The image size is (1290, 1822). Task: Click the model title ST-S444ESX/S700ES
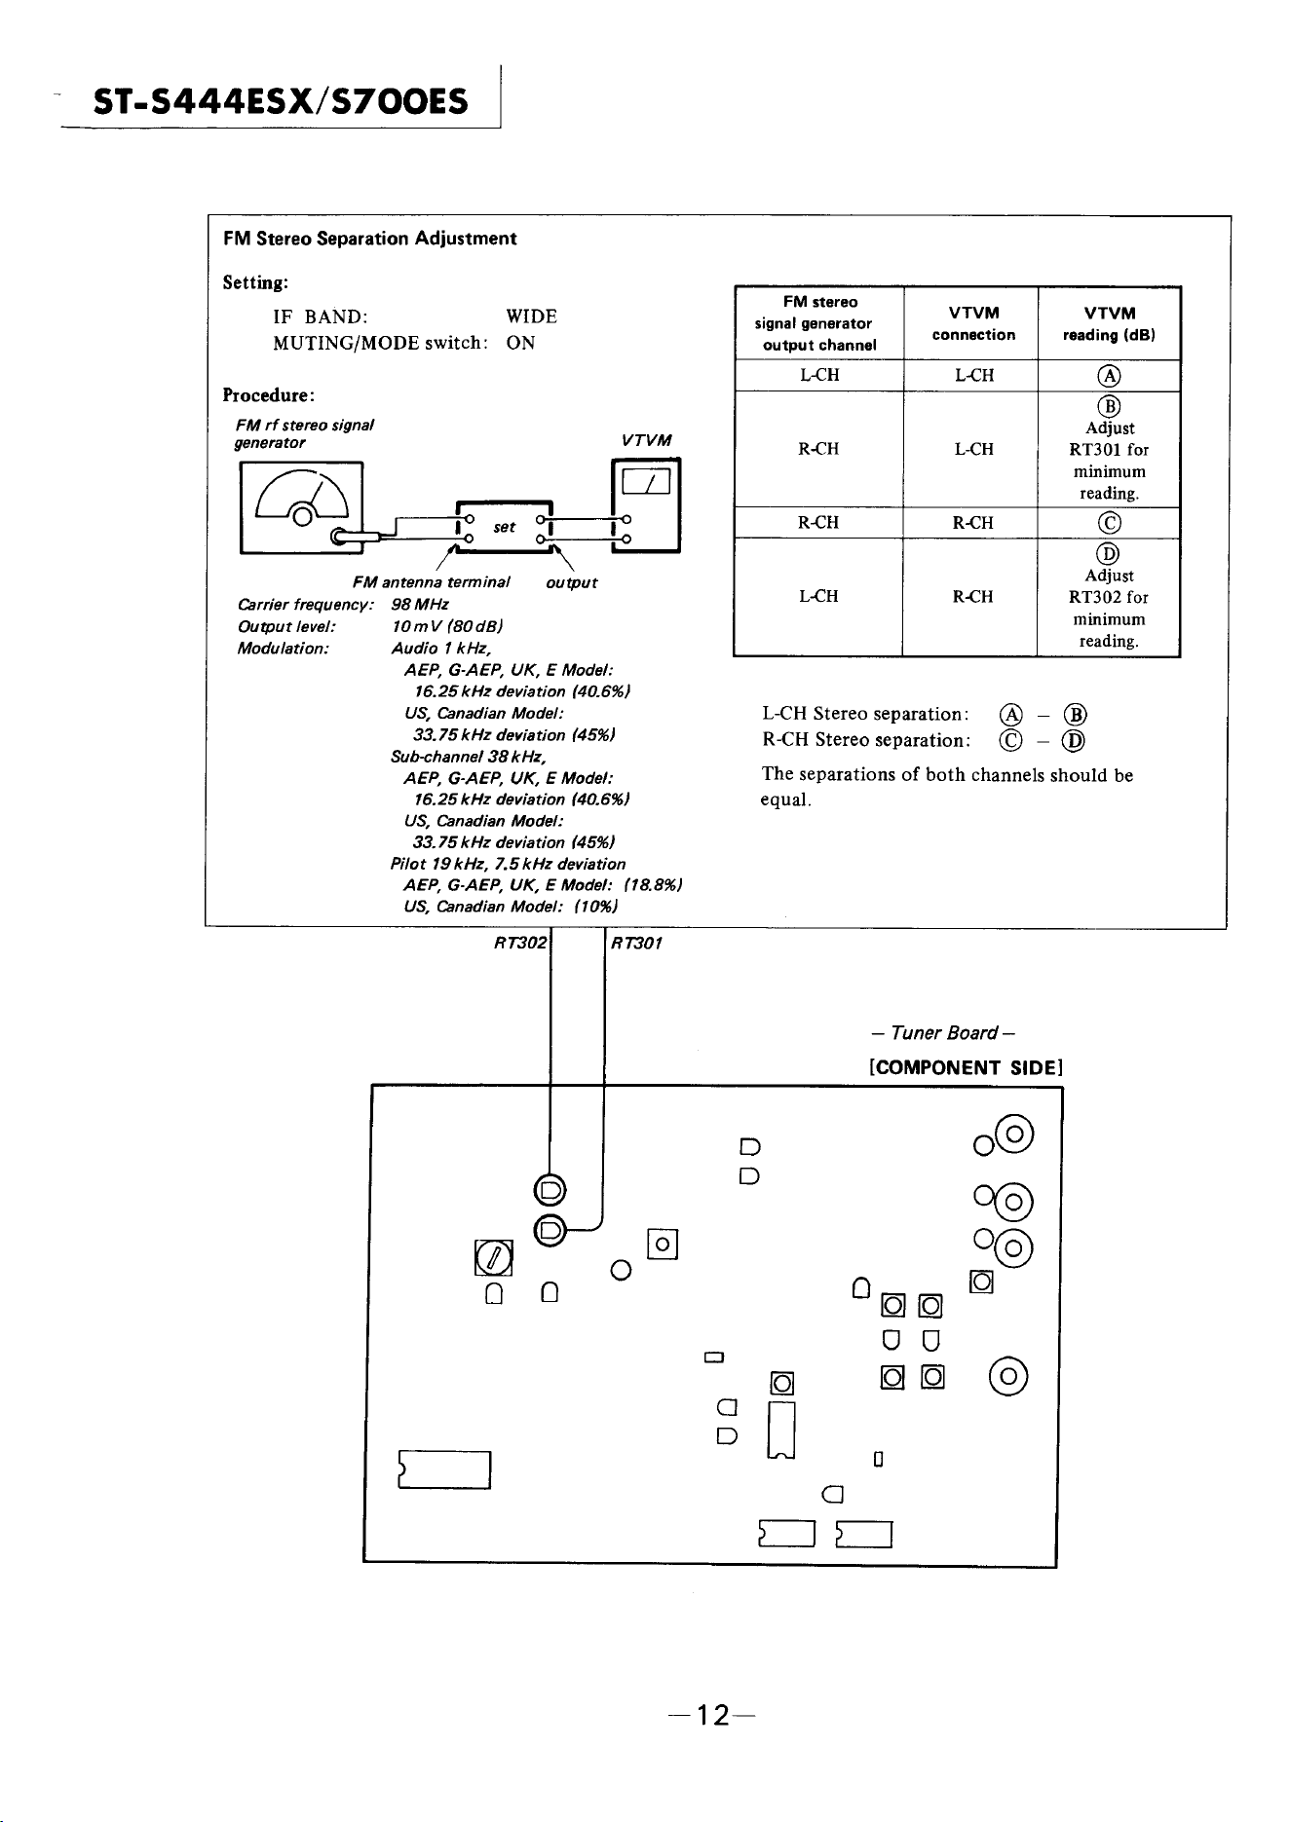[281, 101]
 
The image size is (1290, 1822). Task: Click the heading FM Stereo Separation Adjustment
[369, 239]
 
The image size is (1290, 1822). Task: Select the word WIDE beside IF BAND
[531, 316]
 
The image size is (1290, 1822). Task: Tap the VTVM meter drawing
[645, 505]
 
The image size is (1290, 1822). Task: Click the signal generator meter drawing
[301, 506]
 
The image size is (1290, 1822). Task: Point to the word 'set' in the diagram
[504, 527]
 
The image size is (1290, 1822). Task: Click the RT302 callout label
[520, 943]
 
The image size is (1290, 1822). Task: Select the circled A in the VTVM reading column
[1110, 377]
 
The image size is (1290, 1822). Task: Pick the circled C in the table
[1110, 524]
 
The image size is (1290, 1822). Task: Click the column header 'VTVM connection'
[973, 324]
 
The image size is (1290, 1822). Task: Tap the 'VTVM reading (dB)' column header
[1110, 324]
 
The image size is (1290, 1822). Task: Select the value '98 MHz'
[420, 605]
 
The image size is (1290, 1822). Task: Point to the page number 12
[713, 1715]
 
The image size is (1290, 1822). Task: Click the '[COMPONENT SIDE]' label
[965, 1067]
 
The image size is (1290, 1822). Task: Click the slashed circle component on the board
[493, 1258]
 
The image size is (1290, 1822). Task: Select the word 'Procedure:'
[269, 395]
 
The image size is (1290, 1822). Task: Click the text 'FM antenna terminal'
[432, 582]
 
